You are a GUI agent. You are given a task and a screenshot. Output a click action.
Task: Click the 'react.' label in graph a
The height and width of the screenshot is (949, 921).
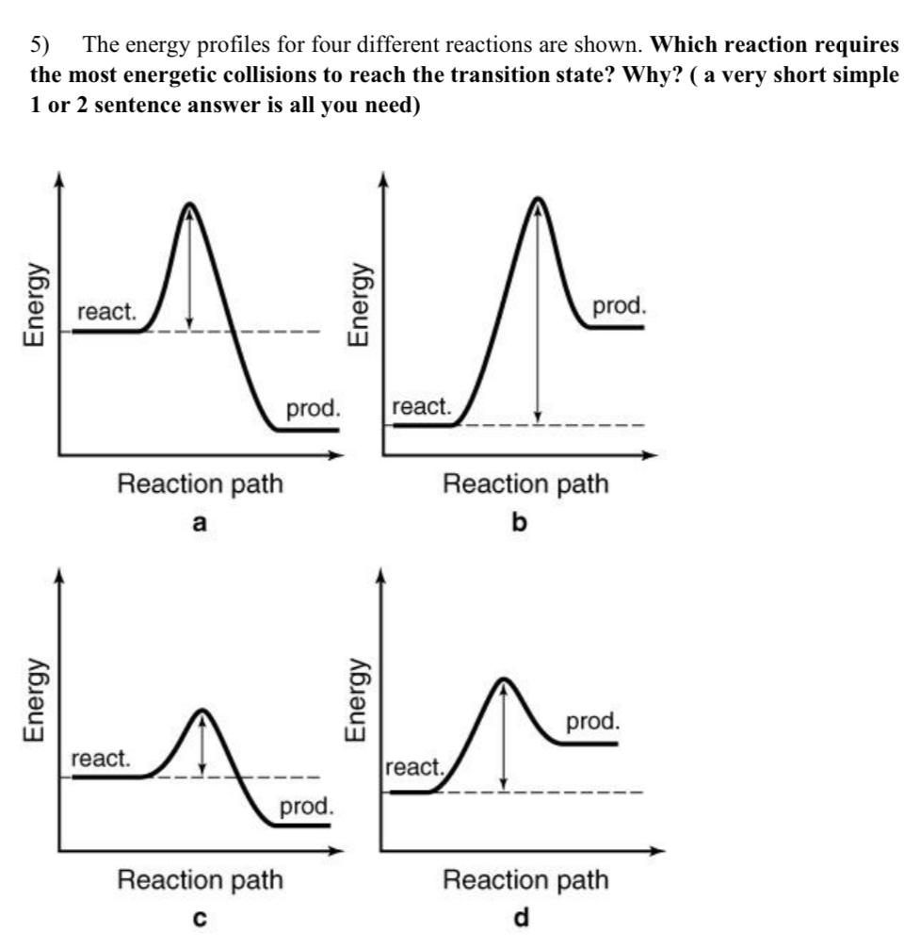click(x=106, y=313)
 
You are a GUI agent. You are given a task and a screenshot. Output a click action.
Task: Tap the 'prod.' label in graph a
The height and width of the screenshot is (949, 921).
click(x=313, y=410)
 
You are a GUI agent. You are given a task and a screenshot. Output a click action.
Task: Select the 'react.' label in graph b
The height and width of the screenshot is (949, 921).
click(x=421, y=407)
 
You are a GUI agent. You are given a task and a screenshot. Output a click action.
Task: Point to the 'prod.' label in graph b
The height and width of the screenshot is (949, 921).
click(x=619, y=306)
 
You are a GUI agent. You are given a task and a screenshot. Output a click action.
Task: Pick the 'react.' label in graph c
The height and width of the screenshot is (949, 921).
click(x=102, y=759)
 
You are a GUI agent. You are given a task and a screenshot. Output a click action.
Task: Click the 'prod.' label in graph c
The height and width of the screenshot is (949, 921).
click(x=306, y=807)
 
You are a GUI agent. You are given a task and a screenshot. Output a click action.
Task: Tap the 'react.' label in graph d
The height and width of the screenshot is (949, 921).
click(x=415, y=767)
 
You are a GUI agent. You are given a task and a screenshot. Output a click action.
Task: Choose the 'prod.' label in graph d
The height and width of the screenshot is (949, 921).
click(x=593, y=723)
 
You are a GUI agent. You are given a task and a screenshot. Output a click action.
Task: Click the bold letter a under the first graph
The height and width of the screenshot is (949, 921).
click(x=199, y=523)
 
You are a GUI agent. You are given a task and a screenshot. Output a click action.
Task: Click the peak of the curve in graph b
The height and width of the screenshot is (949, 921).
click(x=537, y=199)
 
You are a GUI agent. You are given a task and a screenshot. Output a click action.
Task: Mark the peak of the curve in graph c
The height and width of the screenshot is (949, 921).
click(x=202, y=711)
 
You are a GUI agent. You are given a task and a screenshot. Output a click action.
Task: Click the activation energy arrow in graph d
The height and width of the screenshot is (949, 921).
click(x=505, y=736)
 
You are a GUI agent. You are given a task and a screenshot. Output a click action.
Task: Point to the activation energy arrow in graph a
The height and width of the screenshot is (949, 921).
click(x=189, y=268)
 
